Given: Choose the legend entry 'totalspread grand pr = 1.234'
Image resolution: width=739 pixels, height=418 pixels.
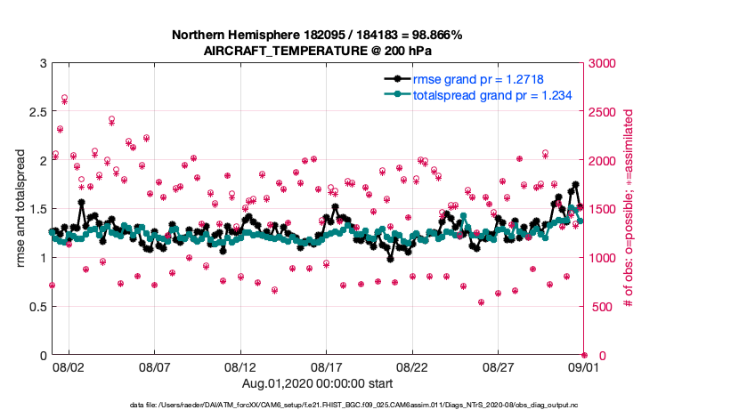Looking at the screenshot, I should (491, 94).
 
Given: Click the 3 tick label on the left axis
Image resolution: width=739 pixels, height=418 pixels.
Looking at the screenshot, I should (42, 63).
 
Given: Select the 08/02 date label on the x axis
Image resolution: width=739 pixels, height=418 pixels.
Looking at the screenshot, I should (69, 366).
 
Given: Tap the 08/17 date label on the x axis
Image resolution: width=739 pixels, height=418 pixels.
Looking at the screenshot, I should (327, 366).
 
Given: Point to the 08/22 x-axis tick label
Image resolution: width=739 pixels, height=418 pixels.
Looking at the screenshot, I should (412, 366).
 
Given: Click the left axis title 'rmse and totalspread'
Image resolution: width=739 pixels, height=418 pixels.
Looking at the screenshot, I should (20, 209).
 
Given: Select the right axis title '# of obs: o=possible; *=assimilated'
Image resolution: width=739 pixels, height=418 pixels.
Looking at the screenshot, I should (629, 209).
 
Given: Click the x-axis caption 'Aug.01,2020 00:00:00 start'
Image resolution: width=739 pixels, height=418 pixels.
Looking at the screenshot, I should (317, 383).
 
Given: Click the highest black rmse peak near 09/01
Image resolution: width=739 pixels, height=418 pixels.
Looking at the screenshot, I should (576, 185).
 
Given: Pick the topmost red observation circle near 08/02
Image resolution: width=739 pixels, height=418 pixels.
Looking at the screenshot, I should (64, 98).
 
